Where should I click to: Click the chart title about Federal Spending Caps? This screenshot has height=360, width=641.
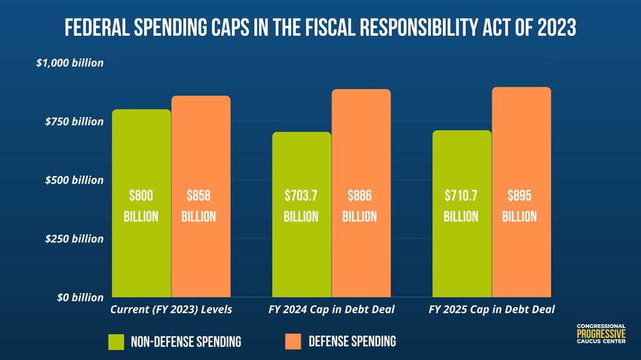click(x=320, y=28)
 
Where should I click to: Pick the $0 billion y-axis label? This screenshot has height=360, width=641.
click(x=75, y=297)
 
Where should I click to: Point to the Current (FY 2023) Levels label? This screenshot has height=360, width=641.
click(x=171, y=310)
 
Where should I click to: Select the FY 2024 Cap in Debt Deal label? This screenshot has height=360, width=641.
click(x=331, y=310)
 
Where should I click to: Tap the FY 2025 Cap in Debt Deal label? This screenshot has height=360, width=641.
click(x=491, y=310)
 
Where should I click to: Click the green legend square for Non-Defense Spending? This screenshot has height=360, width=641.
click(x=120, y=341)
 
